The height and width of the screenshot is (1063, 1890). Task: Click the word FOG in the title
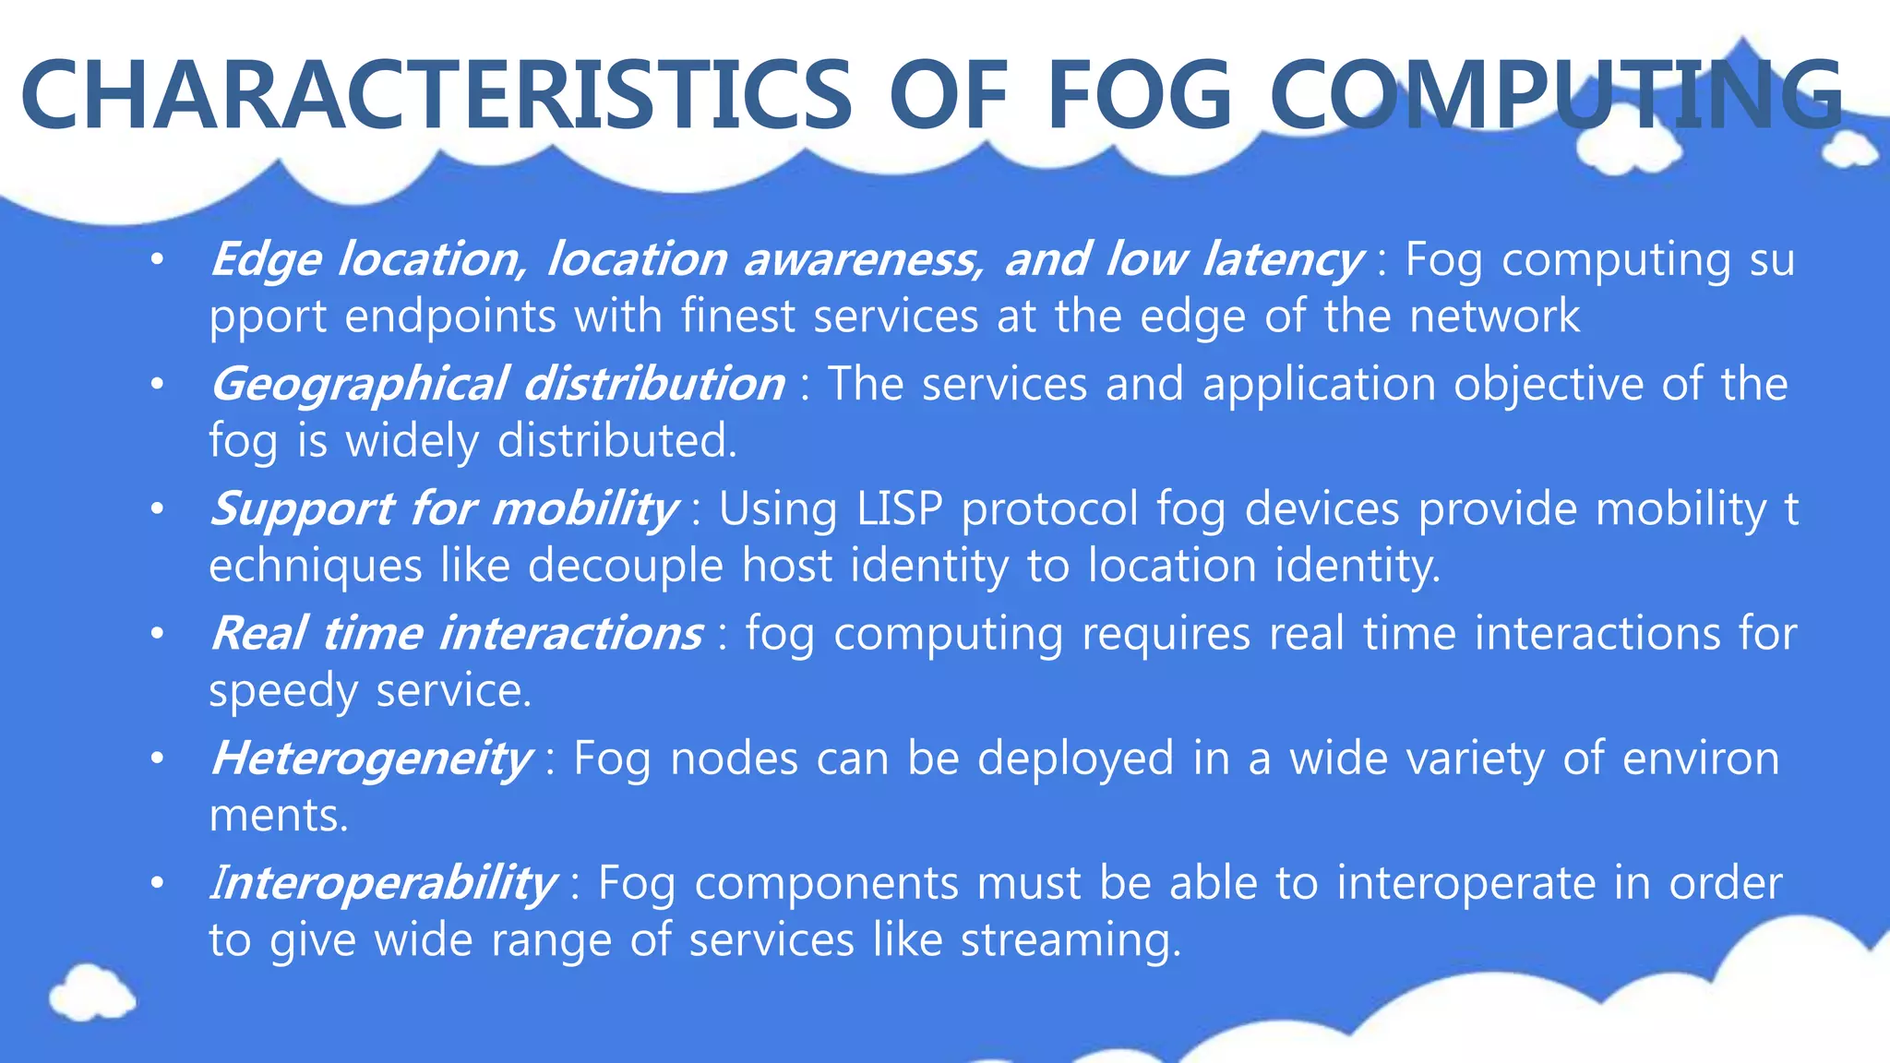click(1139, 95)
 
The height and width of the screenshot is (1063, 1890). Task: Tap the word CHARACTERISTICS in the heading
click(436, 95)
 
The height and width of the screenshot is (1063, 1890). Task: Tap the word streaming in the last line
click(1071, 940)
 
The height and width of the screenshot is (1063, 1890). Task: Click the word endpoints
click(450, 317)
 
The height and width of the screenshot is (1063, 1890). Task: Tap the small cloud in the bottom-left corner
click(91, 992)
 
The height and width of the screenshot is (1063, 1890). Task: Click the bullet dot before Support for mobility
click(158, 509)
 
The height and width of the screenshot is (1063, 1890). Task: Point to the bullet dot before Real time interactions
click(158, 634)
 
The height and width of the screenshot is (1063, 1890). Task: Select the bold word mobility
click(584, 509)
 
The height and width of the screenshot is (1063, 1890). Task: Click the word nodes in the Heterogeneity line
click(734, 758)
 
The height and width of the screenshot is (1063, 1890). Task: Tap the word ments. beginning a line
click(279, 816)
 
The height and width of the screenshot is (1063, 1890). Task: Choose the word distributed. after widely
click(617, 441)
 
